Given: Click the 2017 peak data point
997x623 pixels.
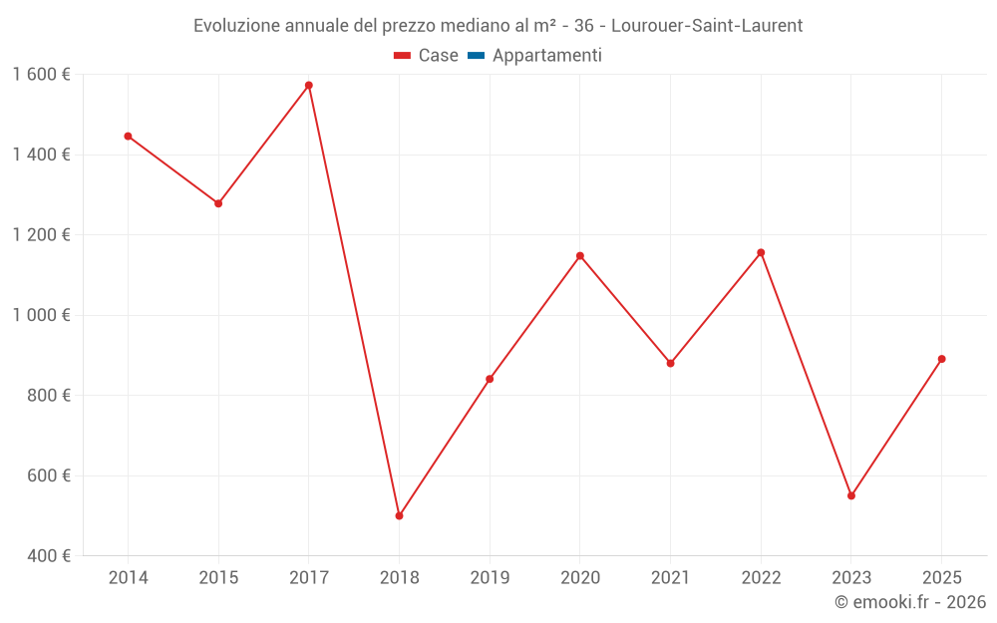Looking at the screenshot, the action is tap(309, 85).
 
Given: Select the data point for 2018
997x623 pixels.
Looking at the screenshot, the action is tap(400, 515).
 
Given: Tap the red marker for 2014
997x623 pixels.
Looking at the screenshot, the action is tap(128, 136).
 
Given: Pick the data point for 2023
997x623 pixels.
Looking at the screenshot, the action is tap(851, 495).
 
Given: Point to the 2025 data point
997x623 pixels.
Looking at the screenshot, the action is tap(942, 359).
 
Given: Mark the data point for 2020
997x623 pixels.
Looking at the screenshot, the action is tap(580, 256).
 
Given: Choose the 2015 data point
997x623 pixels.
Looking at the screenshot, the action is tap(218, 203).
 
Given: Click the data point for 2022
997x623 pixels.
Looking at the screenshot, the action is tap(761, 252).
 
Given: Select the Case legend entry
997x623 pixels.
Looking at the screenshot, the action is tap(426, 55).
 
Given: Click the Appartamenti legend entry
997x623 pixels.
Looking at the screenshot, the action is tap(534, 55).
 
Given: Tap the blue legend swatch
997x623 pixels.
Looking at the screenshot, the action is tap(477, 56).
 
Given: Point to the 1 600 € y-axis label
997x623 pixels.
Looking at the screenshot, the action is tap(42, 75).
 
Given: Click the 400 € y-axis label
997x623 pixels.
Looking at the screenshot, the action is tap(49, 555).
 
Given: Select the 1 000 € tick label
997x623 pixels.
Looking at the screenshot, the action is tap(42, 315).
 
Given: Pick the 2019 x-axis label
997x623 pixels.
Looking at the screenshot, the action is tap(490, 577).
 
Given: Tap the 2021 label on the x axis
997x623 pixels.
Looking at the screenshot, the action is tap(671, 577).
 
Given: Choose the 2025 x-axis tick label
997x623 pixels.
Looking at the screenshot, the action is tap(942, 577).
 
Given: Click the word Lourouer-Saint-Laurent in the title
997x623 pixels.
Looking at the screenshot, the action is tap(707, 26).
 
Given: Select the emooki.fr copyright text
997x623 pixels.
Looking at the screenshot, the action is tap(910, 601).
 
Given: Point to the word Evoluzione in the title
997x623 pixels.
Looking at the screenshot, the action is tap(236, 26).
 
